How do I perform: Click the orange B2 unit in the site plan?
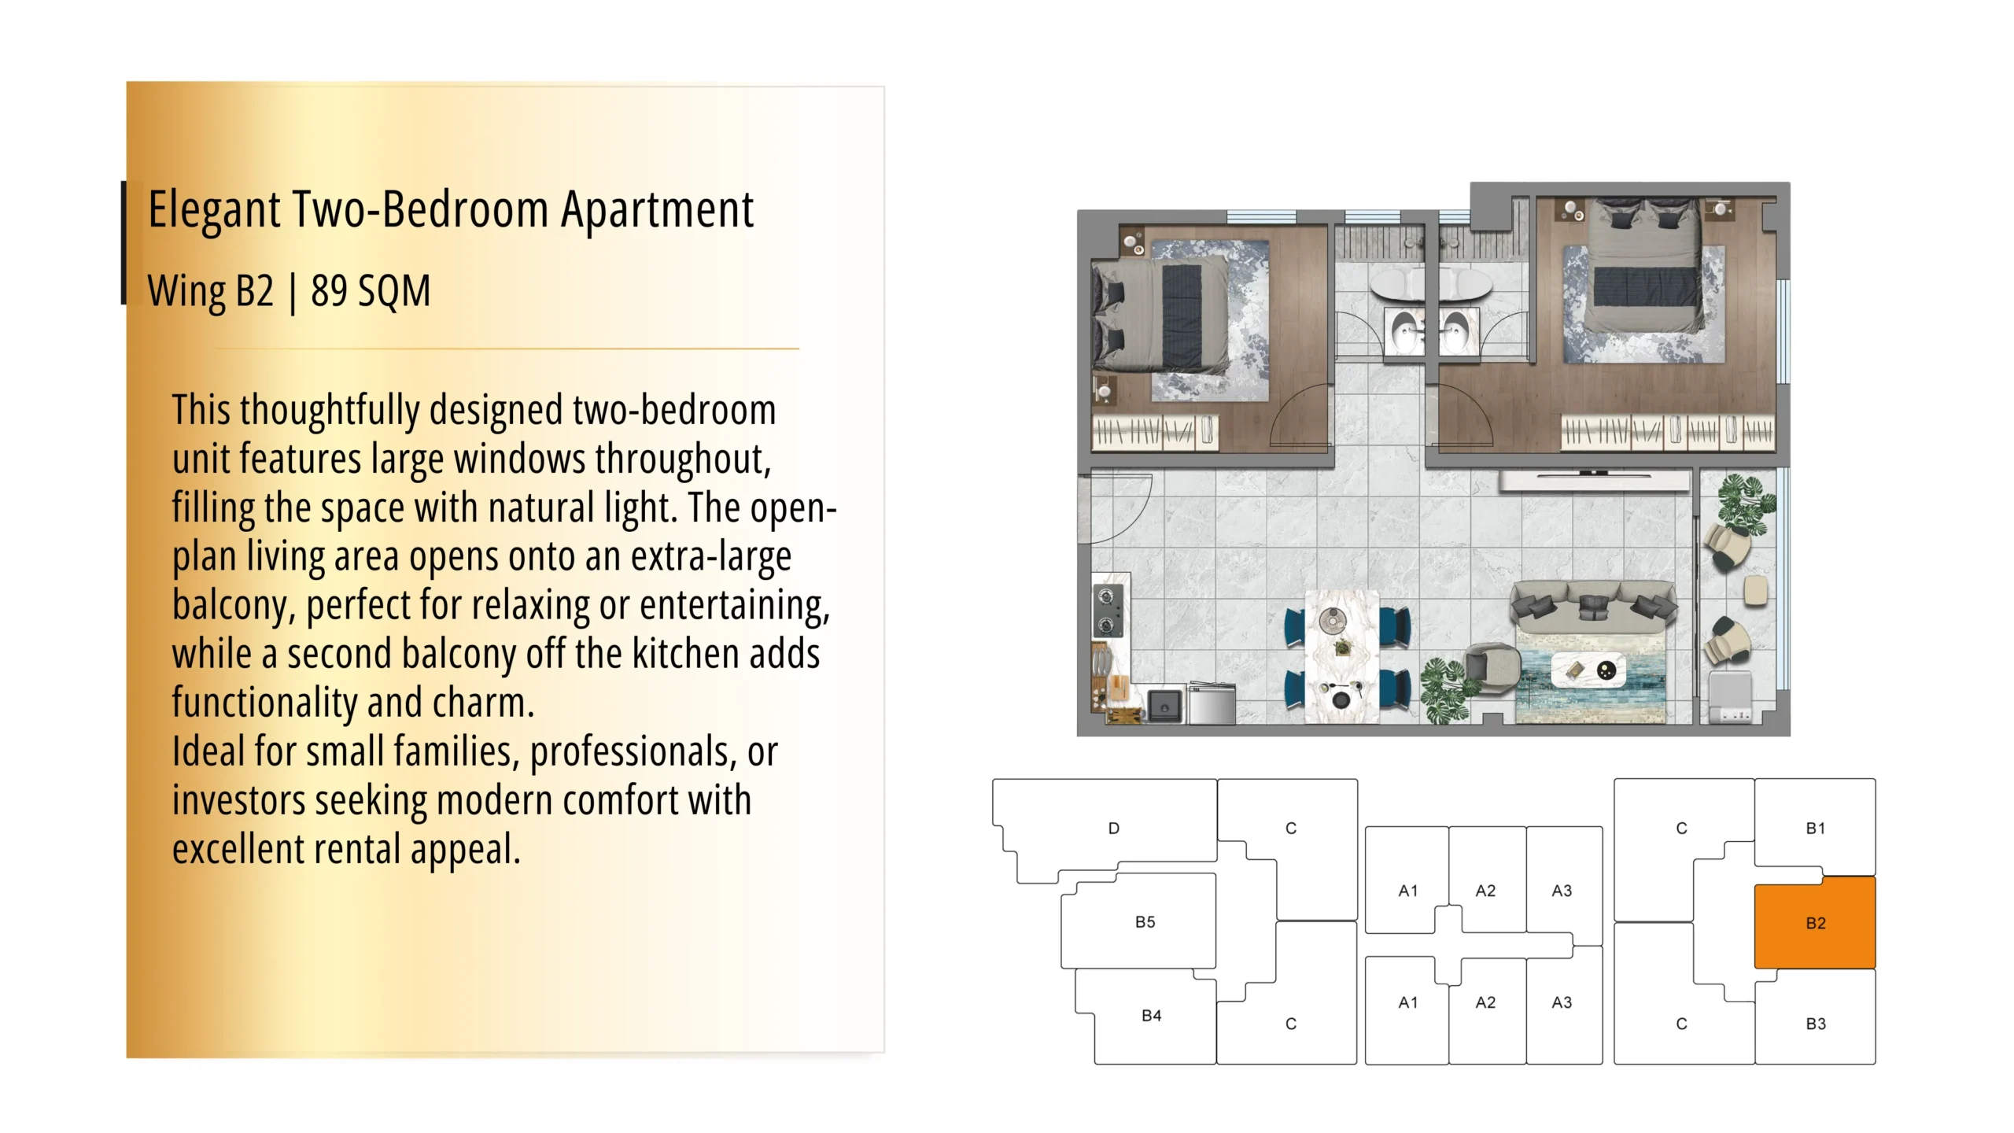click(x=1814, y=922)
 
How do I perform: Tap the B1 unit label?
click(x=1815, y=828)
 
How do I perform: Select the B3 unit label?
click(x=1815, y=1024)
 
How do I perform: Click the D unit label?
click(x=1113, y=828)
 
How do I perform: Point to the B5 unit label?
click(x=1145, y=921)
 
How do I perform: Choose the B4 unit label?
click(x=1151, y=1015)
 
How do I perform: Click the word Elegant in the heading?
click(x=214, y=210)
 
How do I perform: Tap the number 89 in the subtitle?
click(x=329, y=291)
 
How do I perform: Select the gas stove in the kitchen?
click(x=1108, y=611)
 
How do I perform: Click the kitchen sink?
click(x=1165, y=706)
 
